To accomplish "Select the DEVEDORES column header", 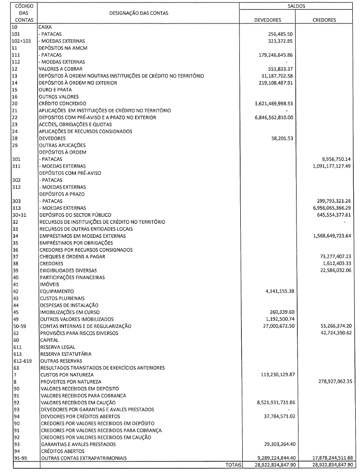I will (268, 20).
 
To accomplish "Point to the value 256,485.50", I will (279, 35).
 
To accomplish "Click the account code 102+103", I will (21, 41).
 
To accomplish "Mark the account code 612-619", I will (20, 361).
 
